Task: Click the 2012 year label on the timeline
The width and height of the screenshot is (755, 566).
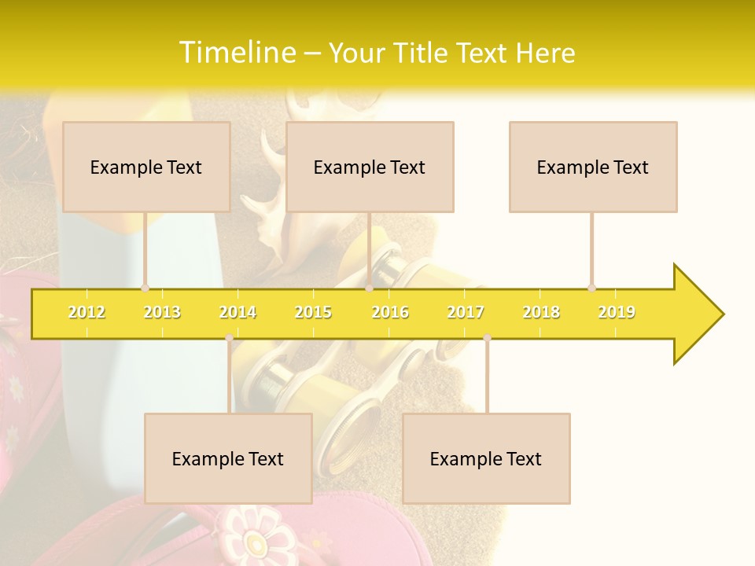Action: point(87,312)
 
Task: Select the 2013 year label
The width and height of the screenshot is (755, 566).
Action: point(162,312)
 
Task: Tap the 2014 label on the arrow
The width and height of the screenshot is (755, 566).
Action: point(238,312)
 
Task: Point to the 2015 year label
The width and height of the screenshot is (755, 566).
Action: point(313,312)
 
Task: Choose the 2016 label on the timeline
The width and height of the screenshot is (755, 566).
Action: point(390,312)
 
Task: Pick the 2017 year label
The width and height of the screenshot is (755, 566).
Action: point(466,312)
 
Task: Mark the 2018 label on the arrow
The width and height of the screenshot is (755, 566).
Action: point(541,312)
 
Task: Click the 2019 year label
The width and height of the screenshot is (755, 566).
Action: point(617,312)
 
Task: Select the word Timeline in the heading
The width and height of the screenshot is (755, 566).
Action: point(235,53)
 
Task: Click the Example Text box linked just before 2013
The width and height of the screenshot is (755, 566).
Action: point(146,167)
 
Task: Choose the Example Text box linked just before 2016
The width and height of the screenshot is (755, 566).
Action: point(370,167)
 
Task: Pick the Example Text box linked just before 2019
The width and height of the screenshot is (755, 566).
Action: point(593,167)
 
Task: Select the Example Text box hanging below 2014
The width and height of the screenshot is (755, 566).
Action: point(228,458)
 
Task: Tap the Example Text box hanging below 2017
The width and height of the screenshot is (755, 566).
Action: point(486,458)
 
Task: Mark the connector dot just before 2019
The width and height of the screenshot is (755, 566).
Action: point(591,288)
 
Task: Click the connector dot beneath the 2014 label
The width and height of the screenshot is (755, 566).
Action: point(229,338)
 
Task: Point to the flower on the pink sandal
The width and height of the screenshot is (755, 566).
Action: point(255,541)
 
